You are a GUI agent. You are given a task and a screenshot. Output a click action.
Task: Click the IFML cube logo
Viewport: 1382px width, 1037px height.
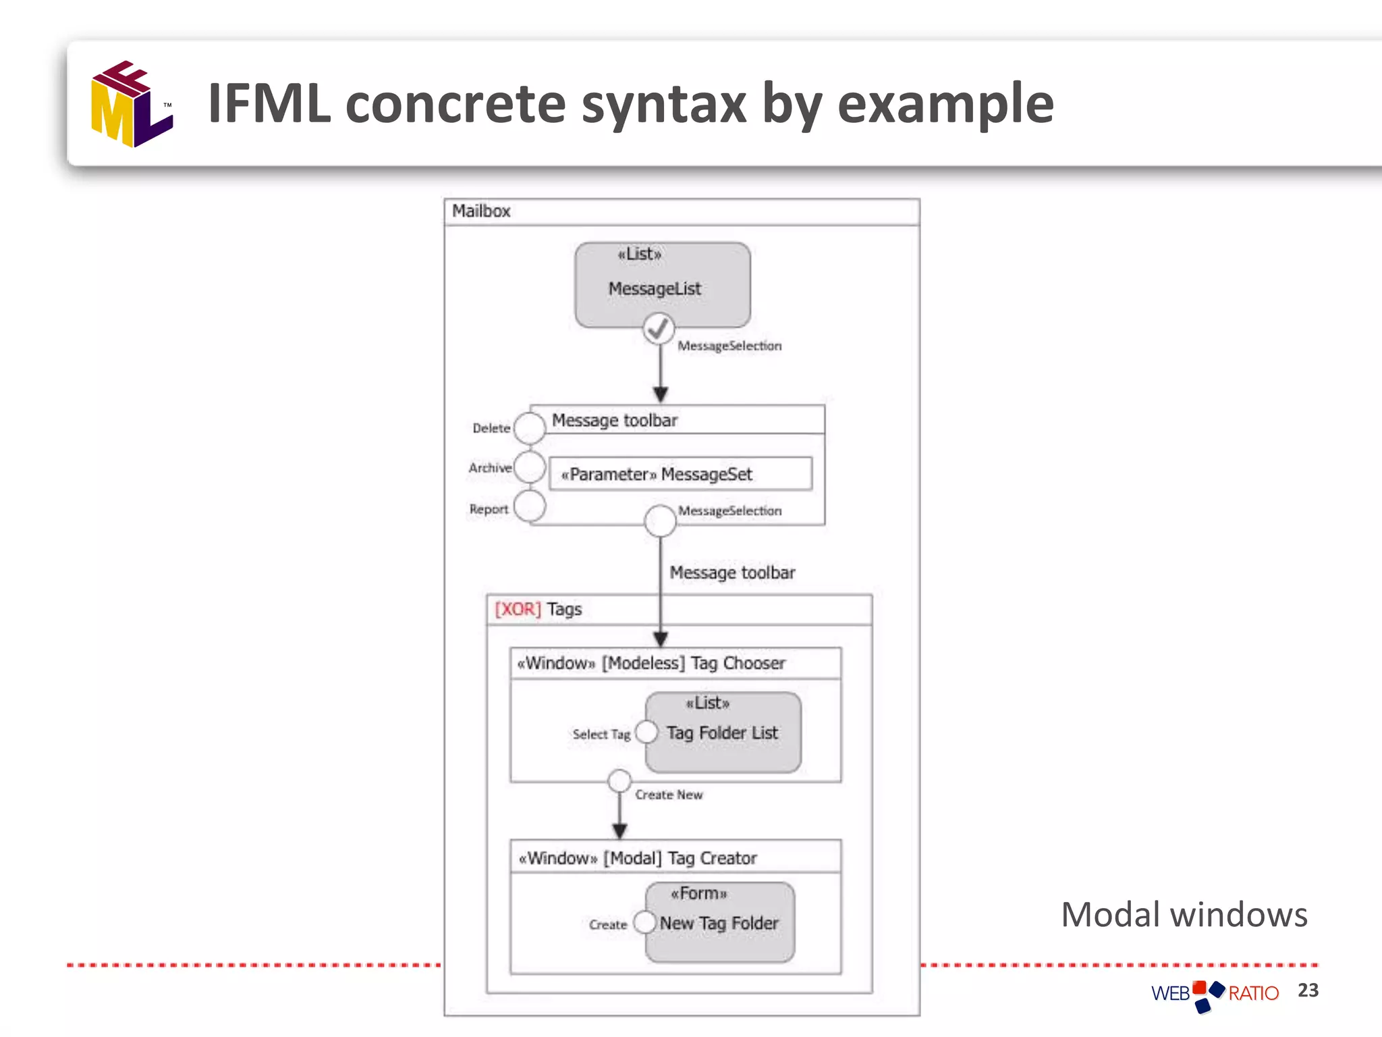pos(132,104)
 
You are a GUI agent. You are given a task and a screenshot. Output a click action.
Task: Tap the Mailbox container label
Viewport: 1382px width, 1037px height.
pos(481,211)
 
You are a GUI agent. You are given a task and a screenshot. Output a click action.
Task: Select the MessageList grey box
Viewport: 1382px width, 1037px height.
pos(662,284)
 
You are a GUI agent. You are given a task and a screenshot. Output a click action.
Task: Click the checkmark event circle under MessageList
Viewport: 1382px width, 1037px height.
pos(659,329)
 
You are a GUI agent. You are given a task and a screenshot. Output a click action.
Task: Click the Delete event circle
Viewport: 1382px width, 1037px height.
pos(530,427)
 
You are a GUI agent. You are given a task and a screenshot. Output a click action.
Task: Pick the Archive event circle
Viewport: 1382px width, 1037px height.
pos(530,467)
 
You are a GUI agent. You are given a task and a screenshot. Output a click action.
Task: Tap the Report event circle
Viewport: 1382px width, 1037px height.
pos(530,506)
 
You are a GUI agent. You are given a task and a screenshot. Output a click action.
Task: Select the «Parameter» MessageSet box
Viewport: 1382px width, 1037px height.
pos(680,474)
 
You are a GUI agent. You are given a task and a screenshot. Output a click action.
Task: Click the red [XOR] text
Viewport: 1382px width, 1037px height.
pos(518,610)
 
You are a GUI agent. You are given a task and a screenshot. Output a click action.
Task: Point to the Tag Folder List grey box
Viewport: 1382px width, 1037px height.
pos(723,732)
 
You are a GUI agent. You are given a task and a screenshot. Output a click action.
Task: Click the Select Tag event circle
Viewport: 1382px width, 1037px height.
pos(646,733)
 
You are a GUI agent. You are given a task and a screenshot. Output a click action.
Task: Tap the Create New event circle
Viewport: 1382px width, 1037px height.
pos(619,781)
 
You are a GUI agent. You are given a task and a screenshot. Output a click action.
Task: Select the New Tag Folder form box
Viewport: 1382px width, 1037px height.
pos(719,922)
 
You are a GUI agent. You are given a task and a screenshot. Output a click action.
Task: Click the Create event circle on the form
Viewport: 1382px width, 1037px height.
pos(644,922)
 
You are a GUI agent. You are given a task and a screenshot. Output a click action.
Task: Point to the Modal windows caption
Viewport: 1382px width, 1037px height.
pos(1184,915)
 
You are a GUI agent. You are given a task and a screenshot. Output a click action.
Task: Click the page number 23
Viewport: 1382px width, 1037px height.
pos(1308,990)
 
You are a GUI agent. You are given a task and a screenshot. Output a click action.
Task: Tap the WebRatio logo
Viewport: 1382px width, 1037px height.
pos(1215,994)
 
